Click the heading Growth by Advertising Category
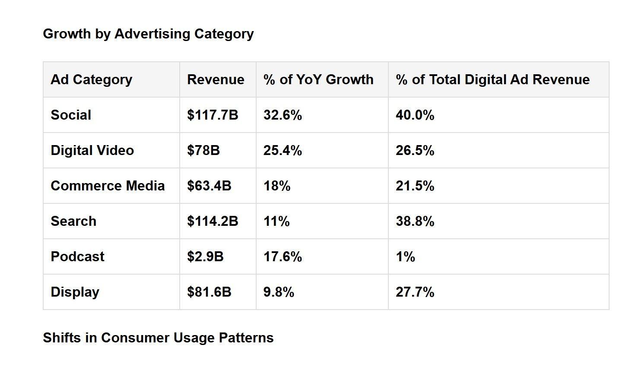(x=148, y=34)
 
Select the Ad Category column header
(x=91, y=80)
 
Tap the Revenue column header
(x=216, y=79)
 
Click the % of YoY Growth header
(x=318, y=79)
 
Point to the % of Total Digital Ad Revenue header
(x=493, y=79)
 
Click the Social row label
(x=71, y=115)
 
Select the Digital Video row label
(x=92, y=150)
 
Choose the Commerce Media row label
(x=108, y=186)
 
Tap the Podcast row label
(x=77, y=256)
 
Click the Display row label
(x=75, y=292)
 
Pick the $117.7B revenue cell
(x=213, y=115)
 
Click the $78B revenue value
(x=203, y=150)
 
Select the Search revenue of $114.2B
(x=213, y=221)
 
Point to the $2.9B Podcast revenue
(x=205, y=256)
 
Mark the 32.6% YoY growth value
(x=283, y=115)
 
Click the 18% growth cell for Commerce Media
(x=277, y=186)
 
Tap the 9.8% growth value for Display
(x=279, y=292)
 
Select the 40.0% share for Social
(x=415, y=115)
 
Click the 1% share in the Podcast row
(x=406, y=256)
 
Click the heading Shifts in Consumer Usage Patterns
(x=158, y=338)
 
